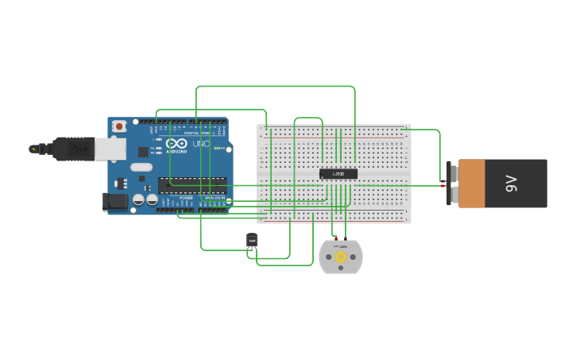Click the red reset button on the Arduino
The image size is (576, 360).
pyautogui.click(x=119, y=126)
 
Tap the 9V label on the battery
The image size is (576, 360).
pyautogui.click(x=512, y=184)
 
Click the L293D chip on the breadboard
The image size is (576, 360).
pyautogui.click(x=338, y=173)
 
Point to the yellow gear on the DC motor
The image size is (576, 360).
pyautogui.click(x=341, y=257)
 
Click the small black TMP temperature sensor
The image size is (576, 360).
pyautogui.click(x=252, y=239)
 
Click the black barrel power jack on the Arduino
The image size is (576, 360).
pyautogui.click(x=115, y=201)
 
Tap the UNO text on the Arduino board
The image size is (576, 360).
pyautogui.click(x=200, y=144)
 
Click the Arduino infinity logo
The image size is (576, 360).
pyautogui.click(x=176, y=143)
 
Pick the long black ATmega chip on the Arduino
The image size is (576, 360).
pyautogui.click(x=191, y=185)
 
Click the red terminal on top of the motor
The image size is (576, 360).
pyautogui.click(x=336, y=238)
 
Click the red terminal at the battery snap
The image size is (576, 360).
pyautogui.click(x=443, y=185)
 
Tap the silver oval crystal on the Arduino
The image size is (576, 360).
pyautogui.click(x=141, y=167)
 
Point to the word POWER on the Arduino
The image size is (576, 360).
pyautogui.click(x=186, y=198)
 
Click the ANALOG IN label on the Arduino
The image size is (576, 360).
pyautogui.click(x=215, y=198)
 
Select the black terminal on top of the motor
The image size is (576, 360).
pyautogui.click(x=346, y=238)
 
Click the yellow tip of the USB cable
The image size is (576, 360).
pyautogui.click(x=33, y=149)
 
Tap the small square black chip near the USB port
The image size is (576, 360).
pyautogui.click(x=143, y=151)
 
